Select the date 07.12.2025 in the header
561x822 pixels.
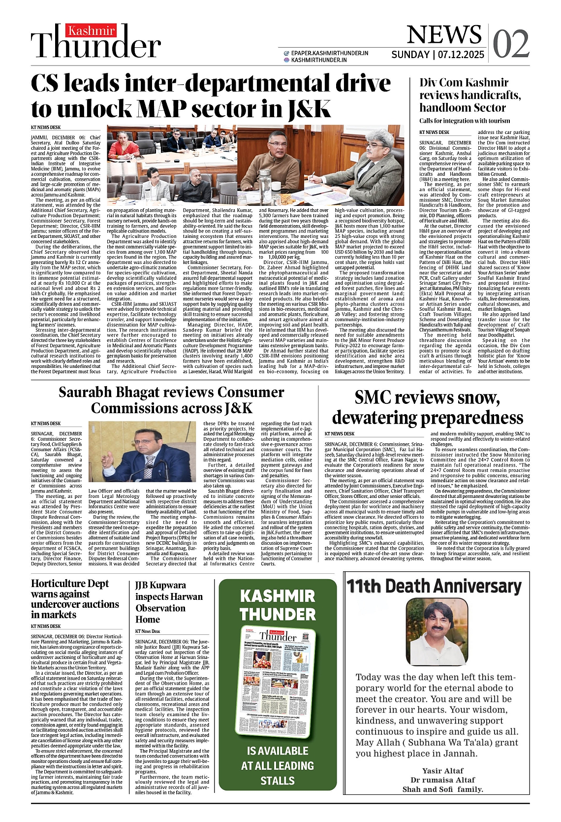coord(460,55)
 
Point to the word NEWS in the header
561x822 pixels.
coord(444,34)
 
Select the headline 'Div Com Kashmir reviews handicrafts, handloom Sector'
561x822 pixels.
coord(463,95)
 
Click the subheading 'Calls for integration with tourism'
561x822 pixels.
coord(458,121)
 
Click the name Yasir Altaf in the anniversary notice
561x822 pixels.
coord(443,771)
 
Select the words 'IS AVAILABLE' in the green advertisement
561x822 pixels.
coord(278,751)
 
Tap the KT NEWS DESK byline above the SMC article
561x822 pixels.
coord(340,434)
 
